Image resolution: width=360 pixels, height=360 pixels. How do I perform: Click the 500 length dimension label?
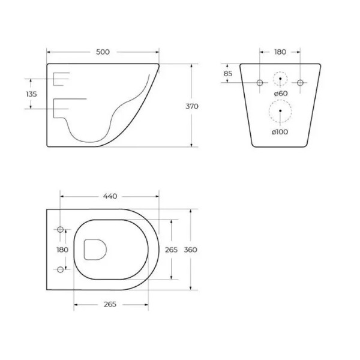point(103,52)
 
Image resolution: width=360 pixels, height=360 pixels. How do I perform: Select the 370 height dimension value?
point(192,106)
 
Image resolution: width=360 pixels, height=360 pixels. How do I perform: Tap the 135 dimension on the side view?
point(32,94)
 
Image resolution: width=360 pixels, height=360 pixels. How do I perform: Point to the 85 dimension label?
point(227,74)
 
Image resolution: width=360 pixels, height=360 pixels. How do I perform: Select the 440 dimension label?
point(110,196)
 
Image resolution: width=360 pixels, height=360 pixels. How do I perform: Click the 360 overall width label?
point(191,250)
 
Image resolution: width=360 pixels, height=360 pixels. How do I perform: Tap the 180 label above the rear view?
point(280,52)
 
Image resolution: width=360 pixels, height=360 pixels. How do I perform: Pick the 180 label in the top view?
point(62,250)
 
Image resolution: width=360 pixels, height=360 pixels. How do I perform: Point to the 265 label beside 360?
point(171,250)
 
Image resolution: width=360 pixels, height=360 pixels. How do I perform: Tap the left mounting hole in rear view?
point(260,82)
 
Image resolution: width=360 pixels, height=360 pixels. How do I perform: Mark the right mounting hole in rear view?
point(300,82)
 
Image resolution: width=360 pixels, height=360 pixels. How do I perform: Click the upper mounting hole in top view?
point(61,229)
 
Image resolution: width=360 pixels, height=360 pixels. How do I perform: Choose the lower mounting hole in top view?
point(61,269)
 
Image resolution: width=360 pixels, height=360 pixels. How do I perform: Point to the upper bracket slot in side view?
point(62,78)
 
